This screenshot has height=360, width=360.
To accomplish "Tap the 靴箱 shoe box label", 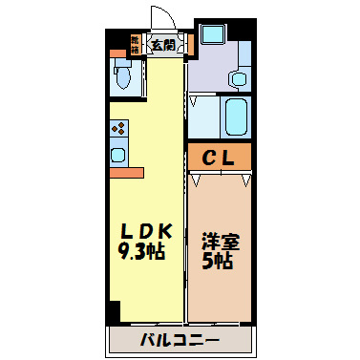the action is (135, 43).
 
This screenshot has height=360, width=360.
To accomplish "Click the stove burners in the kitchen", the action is (118, 128).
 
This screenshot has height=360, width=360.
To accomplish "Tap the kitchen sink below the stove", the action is (118, 153).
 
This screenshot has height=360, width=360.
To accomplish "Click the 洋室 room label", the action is (219, 242).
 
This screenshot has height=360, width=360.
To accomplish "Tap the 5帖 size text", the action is (219, 261).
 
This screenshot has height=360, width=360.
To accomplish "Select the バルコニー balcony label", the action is (180, 339).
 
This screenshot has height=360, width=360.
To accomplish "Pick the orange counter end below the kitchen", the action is (125, 173).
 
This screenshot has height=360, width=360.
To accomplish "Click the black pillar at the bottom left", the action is (115, 312).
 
